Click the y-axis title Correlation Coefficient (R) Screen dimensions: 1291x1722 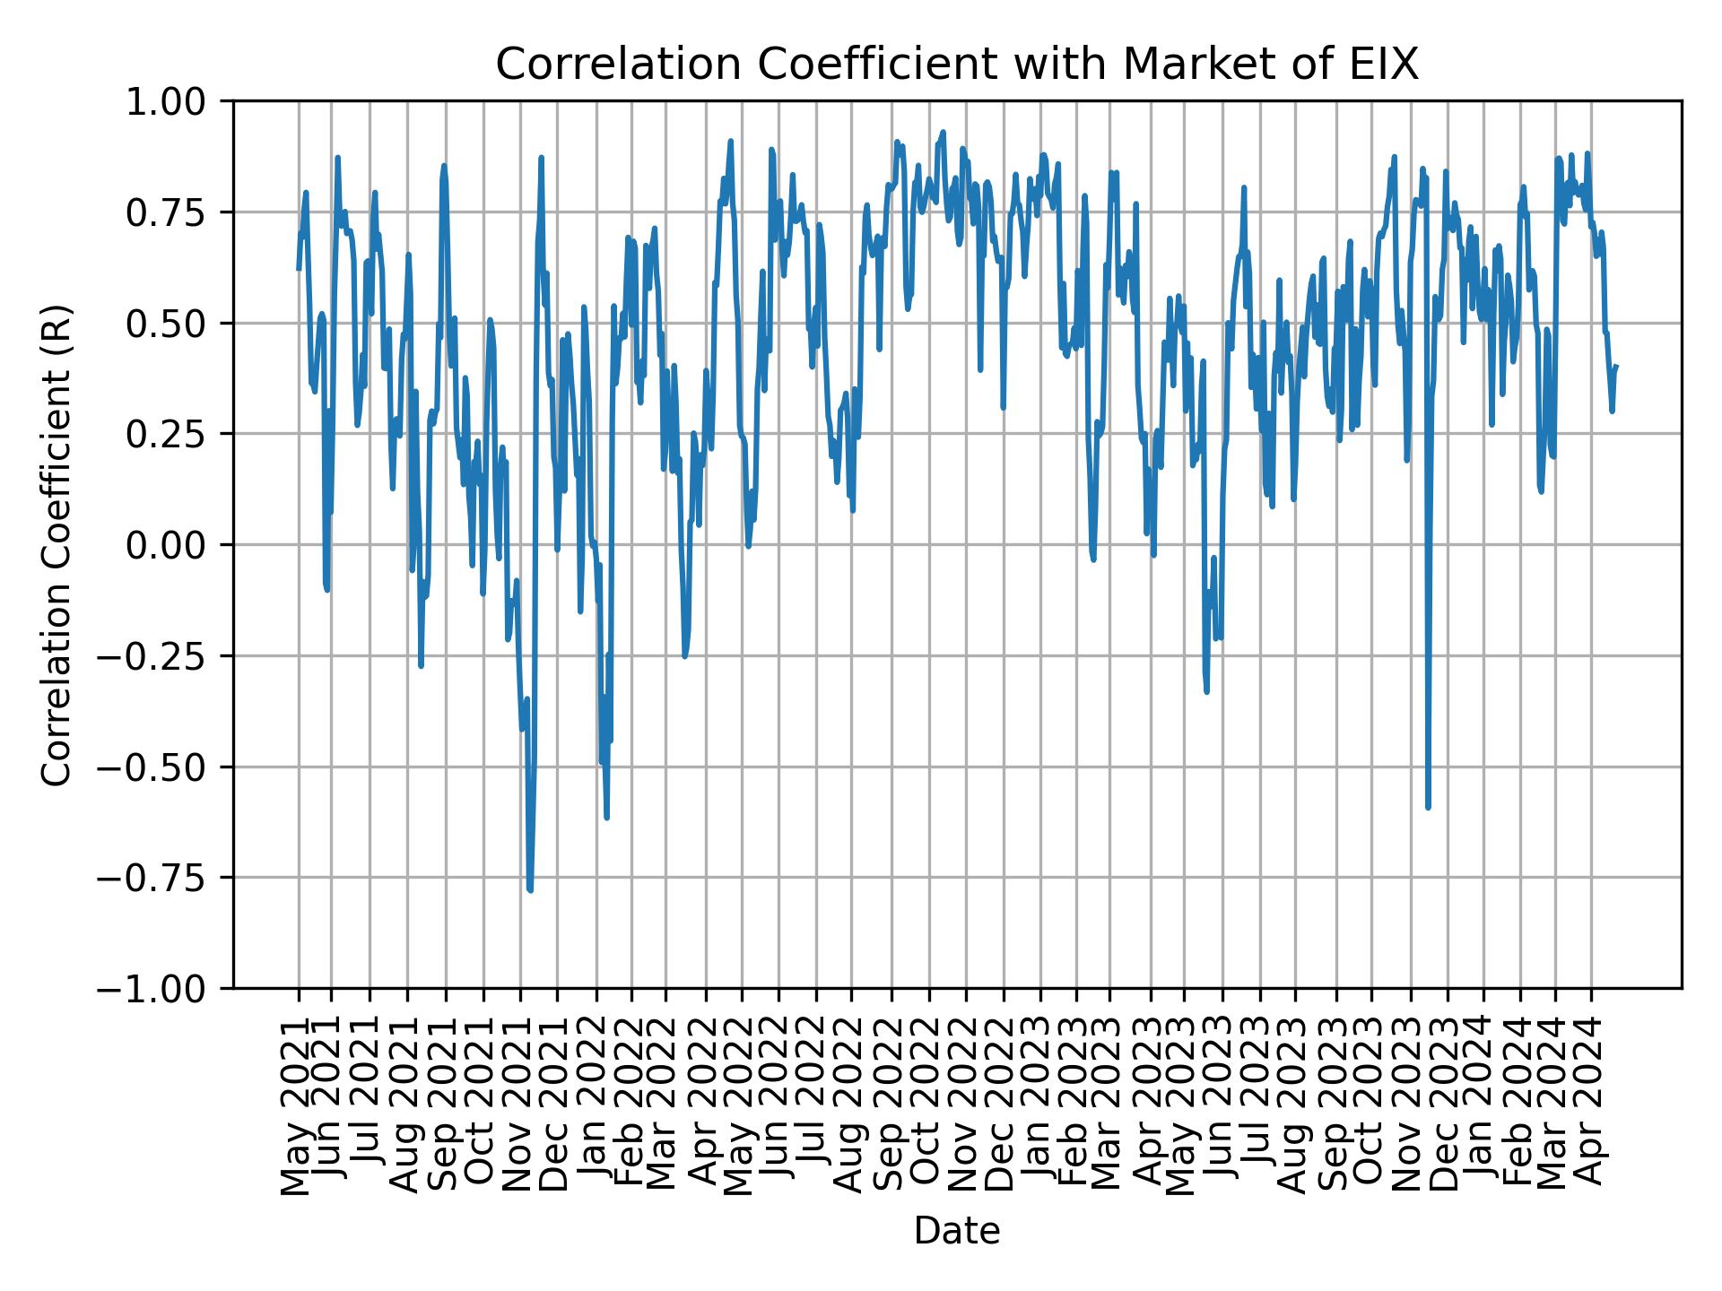(x=56, y=545)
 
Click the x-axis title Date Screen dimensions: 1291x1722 (x=956, y=1232)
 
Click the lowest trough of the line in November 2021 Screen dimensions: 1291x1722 (x=530, y=890)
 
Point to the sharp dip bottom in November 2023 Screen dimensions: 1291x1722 (x=1428, y=808)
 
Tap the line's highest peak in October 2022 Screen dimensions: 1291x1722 (x=943, y=132)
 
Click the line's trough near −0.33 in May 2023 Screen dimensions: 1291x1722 (x=1206, y=691)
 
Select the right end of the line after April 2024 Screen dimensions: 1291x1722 (x=1616, y=366)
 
